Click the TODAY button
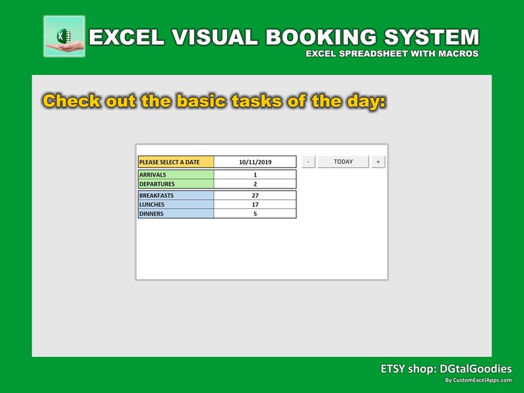coord(343,162)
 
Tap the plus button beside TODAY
coord(377,162)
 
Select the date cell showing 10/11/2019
coord(255,162)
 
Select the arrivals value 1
coord(255,175)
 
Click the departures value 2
coord(255,184)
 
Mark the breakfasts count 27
coord(255,196)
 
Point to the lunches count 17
coord(255,205)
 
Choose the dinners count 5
coord(255,214)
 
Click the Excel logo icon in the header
coord(64,36)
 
